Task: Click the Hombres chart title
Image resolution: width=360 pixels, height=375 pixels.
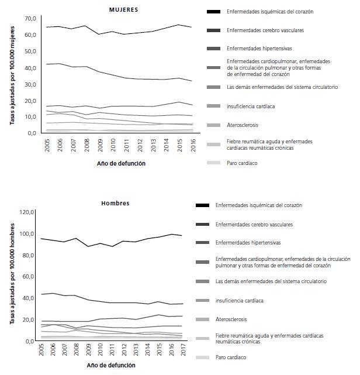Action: tap(115, 204)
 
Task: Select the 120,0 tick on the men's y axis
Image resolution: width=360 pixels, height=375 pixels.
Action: tap(27, 212)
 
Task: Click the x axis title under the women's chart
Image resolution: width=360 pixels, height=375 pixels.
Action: tap(121, 164)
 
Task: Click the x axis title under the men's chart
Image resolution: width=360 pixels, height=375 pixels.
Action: tap(111, 365)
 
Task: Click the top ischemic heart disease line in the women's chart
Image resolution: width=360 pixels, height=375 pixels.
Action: tap(117, 33)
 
